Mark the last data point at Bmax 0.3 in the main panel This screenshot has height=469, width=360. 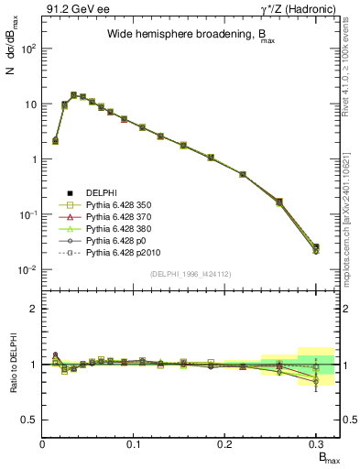[316, 248]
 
